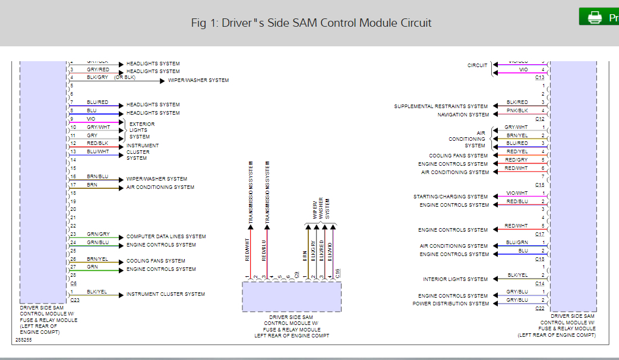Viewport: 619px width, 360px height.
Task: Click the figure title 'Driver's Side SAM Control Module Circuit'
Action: point(311,23)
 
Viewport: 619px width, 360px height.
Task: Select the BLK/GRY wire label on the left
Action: point(97,77)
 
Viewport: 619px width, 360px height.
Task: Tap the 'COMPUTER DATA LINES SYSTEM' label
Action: point(166,236)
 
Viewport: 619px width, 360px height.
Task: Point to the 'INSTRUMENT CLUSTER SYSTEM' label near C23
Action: point(165,294)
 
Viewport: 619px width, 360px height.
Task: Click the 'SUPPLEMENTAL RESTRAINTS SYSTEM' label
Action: point(441,106)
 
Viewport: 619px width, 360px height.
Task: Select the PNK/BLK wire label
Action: point(516,110)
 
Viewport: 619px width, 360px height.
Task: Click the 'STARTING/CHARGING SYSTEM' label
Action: point(450,197)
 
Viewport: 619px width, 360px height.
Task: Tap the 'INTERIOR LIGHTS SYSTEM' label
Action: point(455,279)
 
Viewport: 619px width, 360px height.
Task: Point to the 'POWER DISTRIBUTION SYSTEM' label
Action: point(450,304)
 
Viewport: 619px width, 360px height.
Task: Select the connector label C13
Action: point(539,77)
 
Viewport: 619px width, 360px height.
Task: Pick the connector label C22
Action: point(539,308)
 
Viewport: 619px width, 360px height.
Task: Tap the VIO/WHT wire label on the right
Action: point(516,192)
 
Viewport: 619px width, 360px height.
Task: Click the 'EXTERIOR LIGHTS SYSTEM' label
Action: point(142,131)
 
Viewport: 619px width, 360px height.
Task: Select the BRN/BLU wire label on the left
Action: point(97,176)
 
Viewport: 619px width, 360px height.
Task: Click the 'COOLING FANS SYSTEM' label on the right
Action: point(458,156)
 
